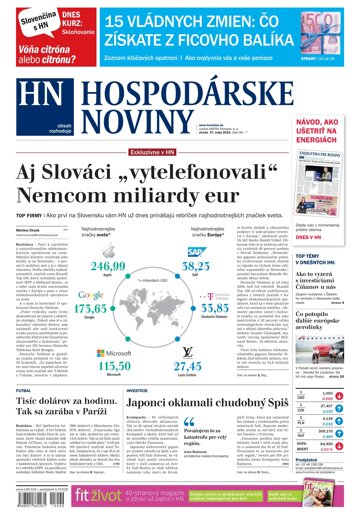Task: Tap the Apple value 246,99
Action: click(x=107, y=267)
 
